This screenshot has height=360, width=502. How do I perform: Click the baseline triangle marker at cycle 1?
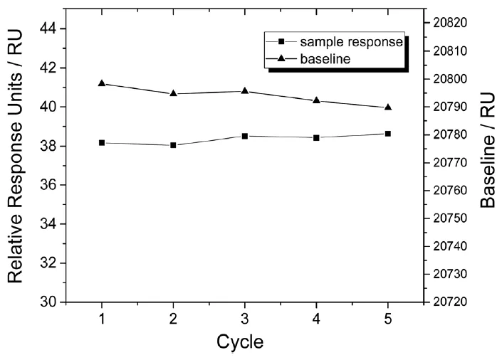click(x=102, y=83)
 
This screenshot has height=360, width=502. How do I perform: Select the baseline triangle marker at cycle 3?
click(x=245, y=91)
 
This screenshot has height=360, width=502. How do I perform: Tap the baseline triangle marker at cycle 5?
click(x=388, y=107)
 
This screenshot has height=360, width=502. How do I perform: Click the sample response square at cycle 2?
click(x=173, y=145)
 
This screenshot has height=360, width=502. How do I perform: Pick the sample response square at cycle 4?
click(x=316, y=137)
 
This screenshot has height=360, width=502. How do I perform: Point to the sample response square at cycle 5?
click(x=388, y=134)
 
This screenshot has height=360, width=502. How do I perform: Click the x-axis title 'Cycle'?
click(x=240, y=342)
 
